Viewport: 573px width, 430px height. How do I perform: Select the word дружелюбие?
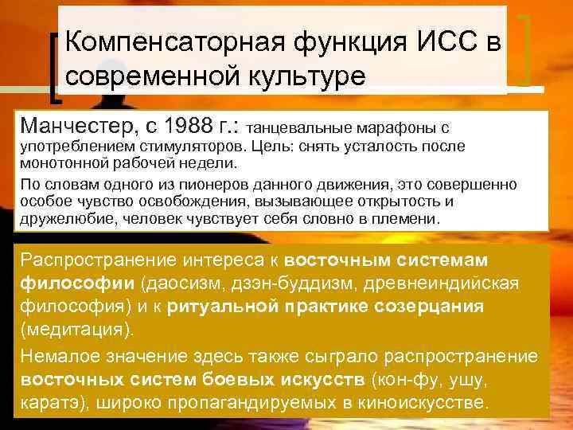tap(57, 217)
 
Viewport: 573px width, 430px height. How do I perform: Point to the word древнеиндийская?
tap(449, 284)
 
